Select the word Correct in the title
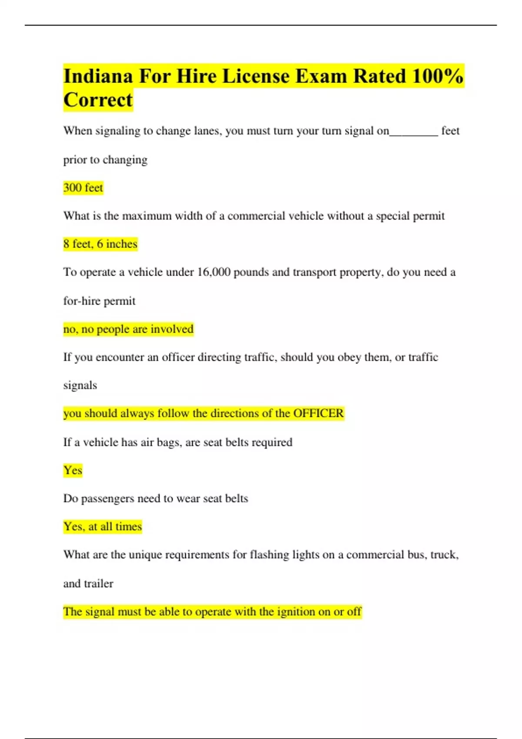98,100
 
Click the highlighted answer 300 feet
83,188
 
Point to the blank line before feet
414,132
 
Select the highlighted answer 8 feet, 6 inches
100,244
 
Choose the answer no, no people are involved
128,329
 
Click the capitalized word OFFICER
318,413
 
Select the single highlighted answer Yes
73,470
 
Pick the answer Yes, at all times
103,526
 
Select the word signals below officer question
80,386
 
